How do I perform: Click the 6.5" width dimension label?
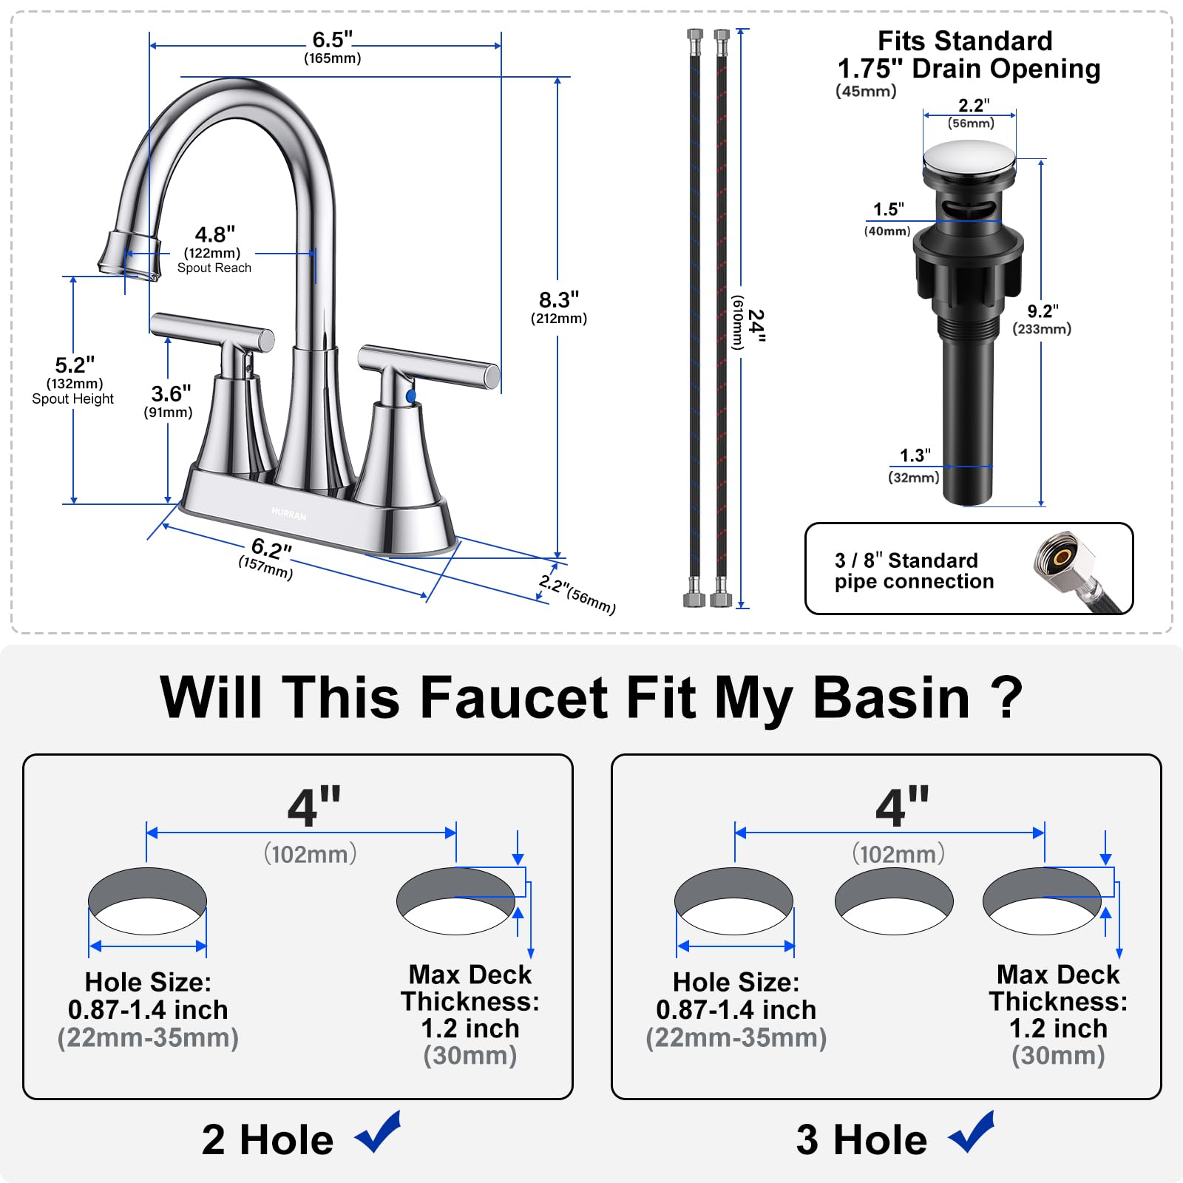point(332,40)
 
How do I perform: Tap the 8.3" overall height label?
point(558,300)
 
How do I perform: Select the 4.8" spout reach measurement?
point(214,234)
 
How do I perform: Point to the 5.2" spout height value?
point(75,365)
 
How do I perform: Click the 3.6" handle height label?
point(171,393)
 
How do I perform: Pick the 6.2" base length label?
point(271,549)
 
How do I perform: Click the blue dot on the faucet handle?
point(411,397)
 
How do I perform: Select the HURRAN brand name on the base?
point(288,514)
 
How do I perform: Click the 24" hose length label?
point(756,325)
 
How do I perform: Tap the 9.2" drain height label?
point(1043,311)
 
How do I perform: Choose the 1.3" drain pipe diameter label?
point(915,455)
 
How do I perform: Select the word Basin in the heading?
point(891,697)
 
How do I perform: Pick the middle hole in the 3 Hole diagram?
point(894,901)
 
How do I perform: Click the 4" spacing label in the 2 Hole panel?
point(314,808)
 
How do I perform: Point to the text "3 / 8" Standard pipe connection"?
point(914,571)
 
